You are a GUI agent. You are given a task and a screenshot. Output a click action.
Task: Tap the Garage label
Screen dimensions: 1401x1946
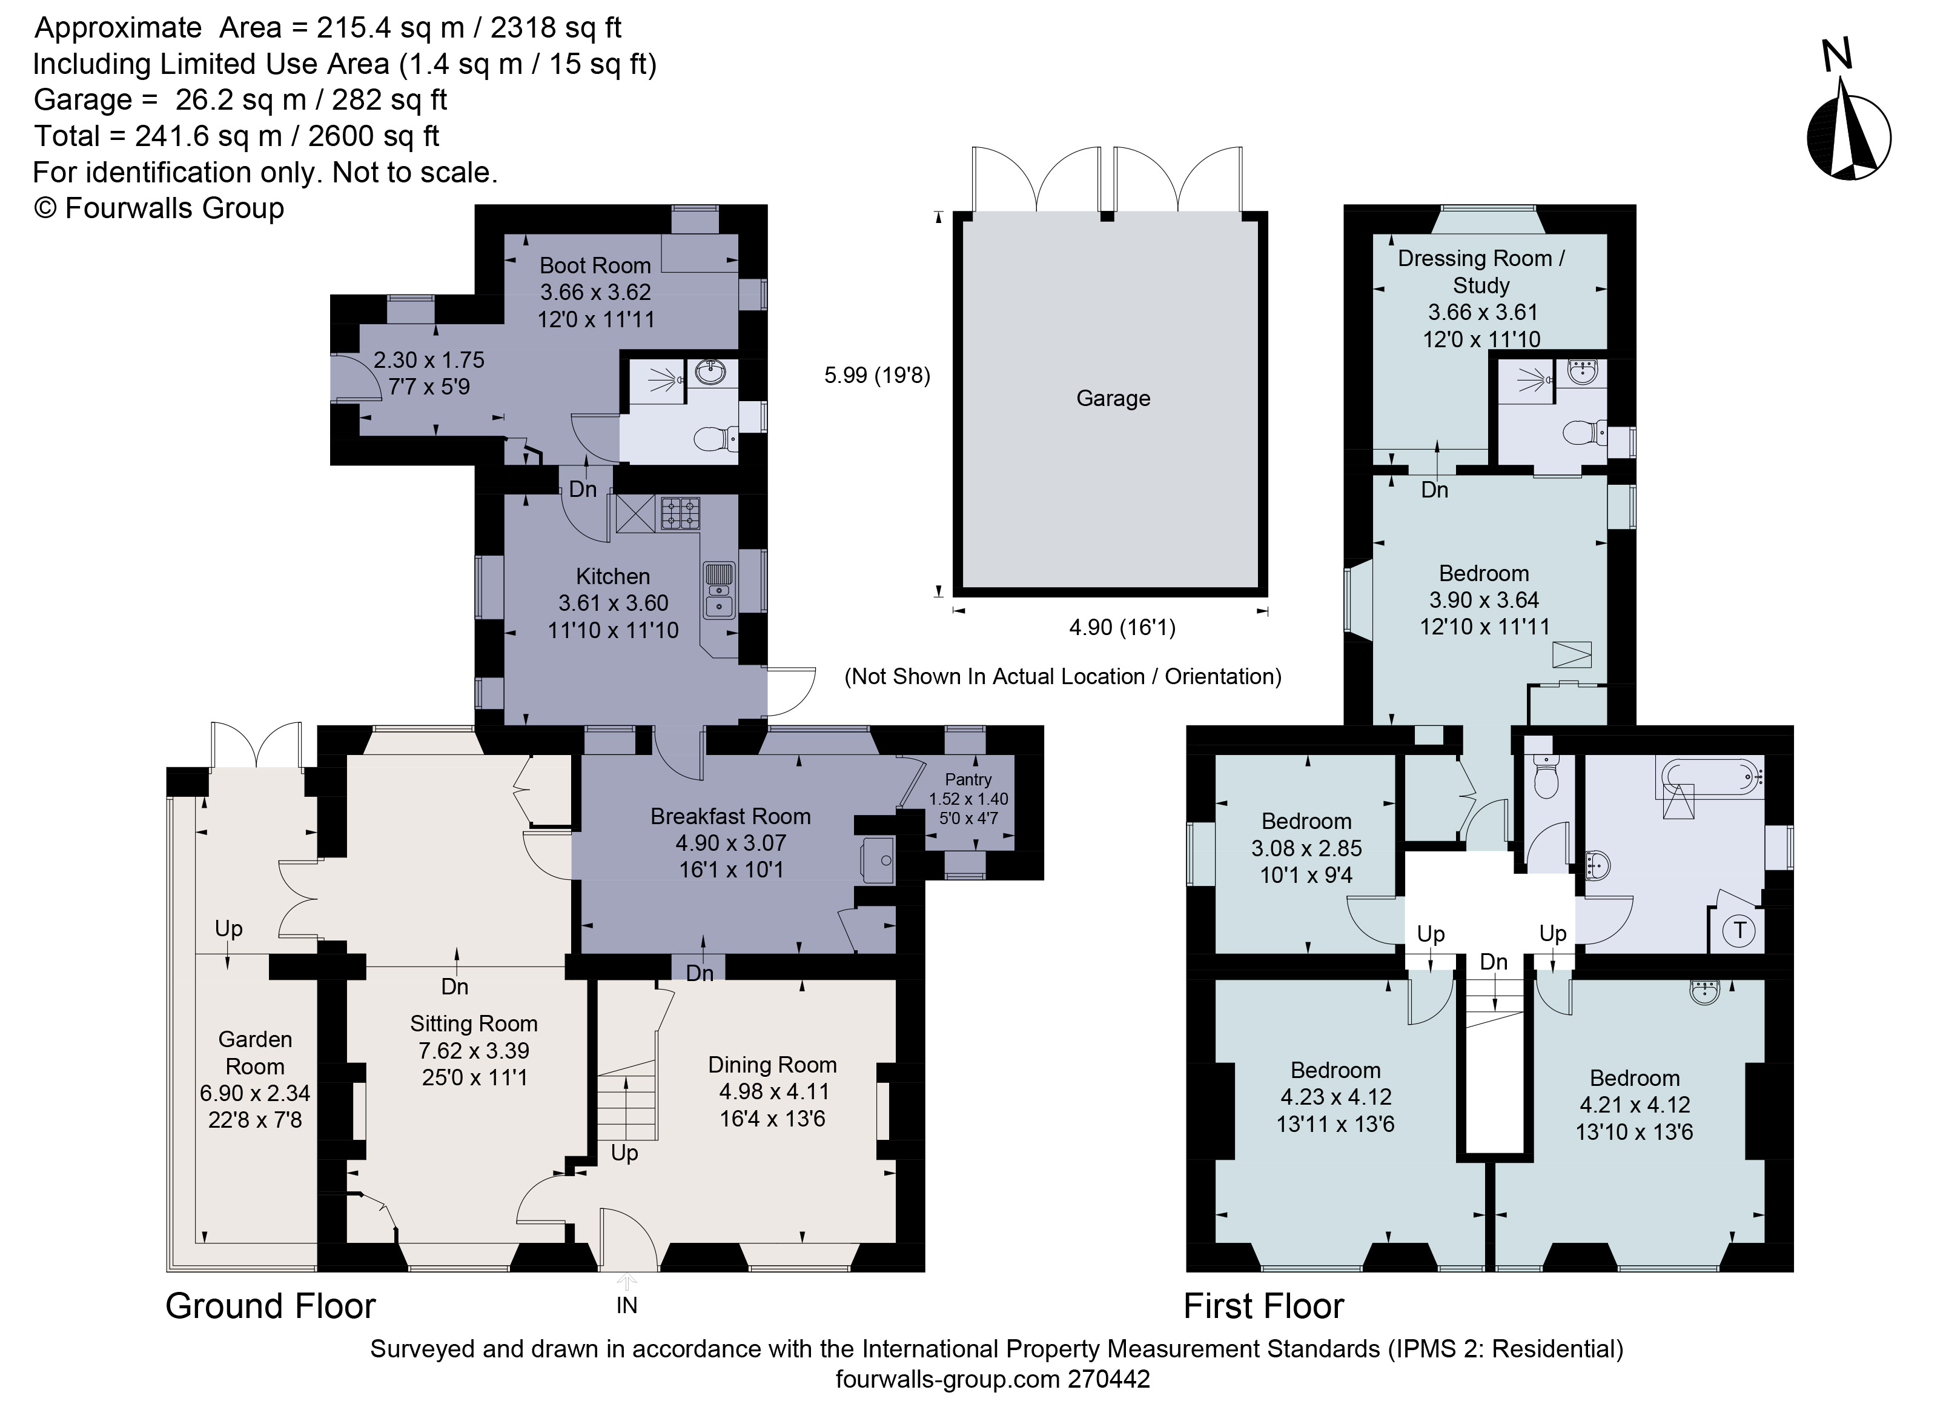pos(1113,398)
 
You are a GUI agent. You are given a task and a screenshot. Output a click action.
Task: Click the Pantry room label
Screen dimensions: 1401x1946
pos(968,779)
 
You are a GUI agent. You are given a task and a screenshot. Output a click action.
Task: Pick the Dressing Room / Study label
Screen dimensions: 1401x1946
pos(1481,271)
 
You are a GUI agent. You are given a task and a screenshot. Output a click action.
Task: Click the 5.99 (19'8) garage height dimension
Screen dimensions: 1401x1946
pos(877,375)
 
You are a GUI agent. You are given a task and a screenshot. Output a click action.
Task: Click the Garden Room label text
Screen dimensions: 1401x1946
pos(255,1053)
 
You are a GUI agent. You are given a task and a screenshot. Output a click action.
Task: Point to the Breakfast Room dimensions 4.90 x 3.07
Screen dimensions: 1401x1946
pos(730,843)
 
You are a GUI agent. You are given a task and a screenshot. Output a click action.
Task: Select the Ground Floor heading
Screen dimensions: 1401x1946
pos(270,1306)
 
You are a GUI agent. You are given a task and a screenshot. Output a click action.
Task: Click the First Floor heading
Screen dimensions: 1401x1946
pos(1263,1306)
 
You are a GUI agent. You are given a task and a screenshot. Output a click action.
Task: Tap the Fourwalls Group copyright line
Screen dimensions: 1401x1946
pos(159,208)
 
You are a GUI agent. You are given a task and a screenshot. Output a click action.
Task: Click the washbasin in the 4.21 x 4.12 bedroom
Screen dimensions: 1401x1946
pos(1705,993)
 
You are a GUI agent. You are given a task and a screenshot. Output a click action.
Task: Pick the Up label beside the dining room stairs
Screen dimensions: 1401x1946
pos(624,1153)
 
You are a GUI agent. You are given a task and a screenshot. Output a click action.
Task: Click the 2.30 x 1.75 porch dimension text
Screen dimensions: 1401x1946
pos(428,360)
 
